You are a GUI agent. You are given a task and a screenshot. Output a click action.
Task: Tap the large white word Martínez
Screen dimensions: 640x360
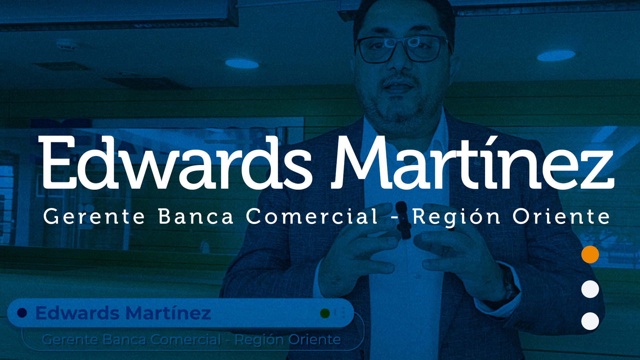coord(473,162)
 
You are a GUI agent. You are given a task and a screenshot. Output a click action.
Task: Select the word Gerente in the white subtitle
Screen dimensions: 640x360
coord(94,216)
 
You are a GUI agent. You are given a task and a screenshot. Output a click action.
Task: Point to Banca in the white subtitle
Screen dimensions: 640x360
coord(196,216)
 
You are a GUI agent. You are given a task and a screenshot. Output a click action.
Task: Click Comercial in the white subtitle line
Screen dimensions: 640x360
coord(312,216)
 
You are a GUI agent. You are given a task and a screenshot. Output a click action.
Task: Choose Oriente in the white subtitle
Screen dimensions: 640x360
coord(561,216)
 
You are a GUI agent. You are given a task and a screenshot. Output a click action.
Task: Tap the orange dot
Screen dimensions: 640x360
coord(590,254)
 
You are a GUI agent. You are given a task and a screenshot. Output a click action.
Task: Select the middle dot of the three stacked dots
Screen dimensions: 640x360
coord(590,289)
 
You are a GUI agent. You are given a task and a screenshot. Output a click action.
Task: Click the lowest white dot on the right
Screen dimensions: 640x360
coord(590,321)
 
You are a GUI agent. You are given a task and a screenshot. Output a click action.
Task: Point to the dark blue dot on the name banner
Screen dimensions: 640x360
coord(22,313)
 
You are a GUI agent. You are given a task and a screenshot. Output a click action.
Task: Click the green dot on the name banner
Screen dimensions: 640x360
coord(325,313)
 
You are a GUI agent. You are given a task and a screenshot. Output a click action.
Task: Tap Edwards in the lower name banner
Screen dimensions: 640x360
coord(77,313)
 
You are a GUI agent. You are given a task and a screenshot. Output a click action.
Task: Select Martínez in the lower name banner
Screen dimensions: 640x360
coord(168,313)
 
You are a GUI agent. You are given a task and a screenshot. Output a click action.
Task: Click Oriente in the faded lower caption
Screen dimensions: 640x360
coord(314,340)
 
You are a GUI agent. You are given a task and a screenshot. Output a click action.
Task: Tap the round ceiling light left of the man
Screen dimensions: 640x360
coord(242,63)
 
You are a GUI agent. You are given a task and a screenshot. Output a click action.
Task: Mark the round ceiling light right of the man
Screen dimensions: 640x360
coord(556,56)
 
